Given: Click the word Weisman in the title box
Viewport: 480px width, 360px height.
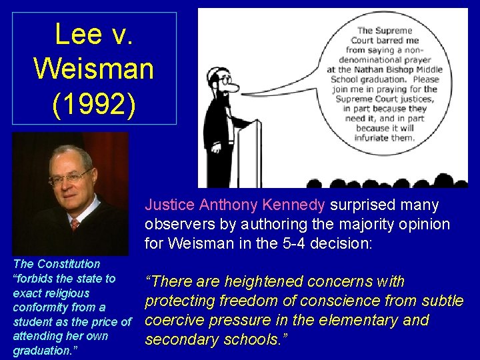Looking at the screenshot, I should point(94,68).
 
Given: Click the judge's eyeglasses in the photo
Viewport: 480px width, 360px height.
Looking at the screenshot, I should point(71,177).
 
